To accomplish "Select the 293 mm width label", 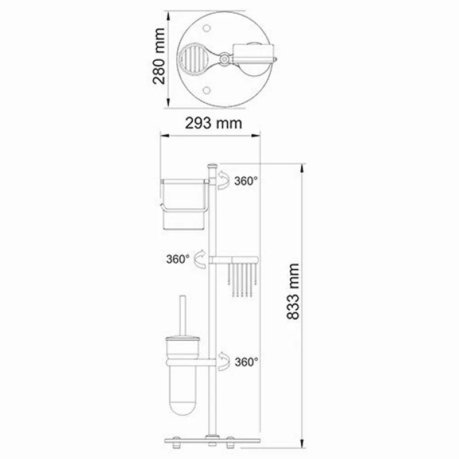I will click(x=213, y=123).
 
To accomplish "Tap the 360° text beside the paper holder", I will click(x=246, y=181).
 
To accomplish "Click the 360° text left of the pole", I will click(x=178, y=259).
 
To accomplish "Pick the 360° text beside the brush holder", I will click(x=246, y=362).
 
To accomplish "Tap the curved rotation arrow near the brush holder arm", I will click(x=224, y=361).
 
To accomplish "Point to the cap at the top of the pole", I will click(x=211, y=165).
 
